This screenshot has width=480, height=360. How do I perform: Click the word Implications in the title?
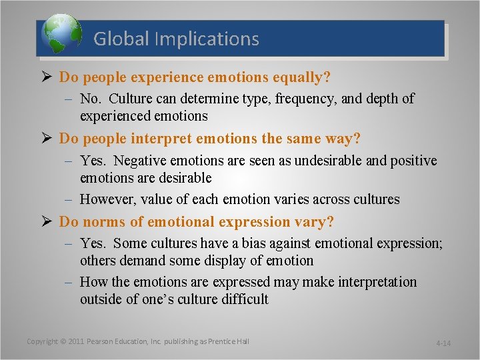click(207, 39)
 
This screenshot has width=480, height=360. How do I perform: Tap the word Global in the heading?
click(121, 39)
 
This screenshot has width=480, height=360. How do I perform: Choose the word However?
click(109, 199)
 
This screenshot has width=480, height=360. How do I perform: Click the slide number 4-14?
click(443, 343)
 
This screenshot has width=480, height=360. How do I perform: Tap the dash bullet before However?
click(69, 199)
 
